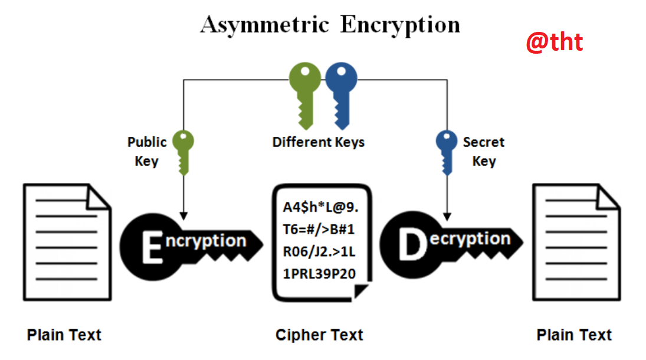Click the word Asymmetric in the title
[265, 25]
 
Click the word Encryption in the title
[400, 25]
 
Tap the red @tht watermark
[555, 42]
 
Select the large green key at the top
[305, 96]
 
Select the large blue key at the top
[342, 96]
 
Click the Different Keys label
[319, 142]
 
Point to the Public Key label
[147, 151]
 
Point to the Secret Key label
[484, 151]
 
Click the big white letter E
[152, 247]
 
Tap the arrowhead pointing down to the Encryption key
[183, 216]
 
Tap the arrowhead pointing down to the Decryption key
[447, 217]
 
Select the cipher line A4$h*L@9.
[320, 207]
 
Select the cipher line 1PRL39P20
[319, 273]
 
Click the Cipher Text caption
[319, 335]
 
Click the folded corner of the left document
[98, 197]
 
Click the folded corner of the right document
[608, 197]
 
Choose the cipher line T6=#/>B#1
[319, 229]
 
